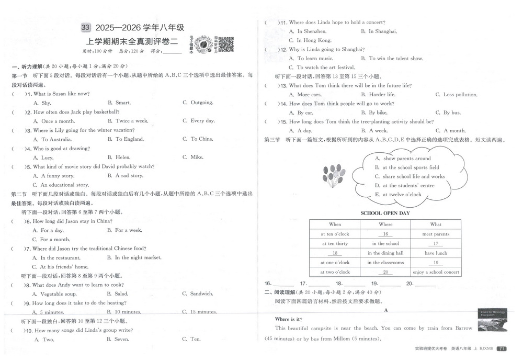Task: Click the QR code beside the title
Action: click(225, 44)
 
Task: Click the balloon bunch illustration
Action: click(334, 175)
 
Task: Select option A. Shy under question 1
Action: click(42, 103)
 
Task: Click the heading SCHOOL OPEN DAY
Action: click(385, 213)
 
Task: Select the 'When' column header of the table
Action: click(335, 224)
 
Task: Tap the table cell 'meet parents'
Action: click(435, 234)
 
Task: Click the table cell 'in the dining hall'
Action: click(385, 253)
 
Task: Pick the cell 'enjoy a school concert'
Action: click(436, 272)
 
